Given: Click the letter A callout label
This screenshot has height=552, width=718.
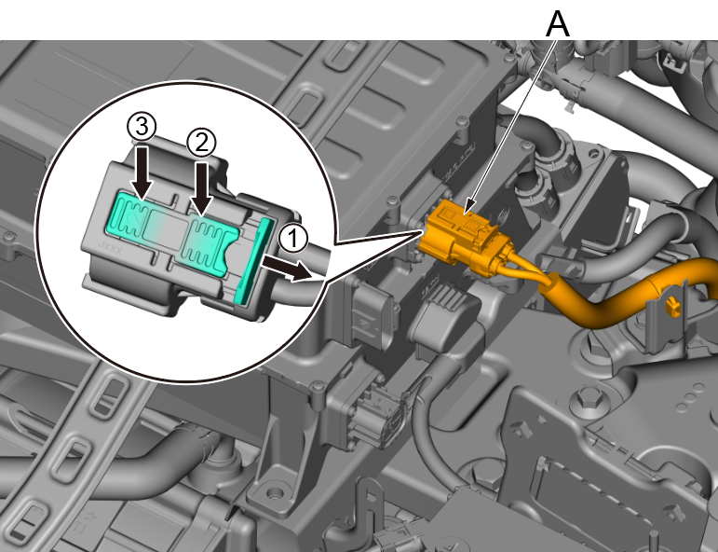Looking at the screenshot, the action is click(558, 24).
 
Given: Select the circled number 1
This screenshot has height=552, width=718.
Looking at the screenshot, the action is click(293, 239).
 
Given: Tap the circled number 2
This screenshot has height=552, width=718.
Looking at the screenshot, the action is click(201, 143).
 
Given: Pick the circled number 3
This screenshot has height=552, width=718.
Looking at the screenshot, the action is click(142, 127).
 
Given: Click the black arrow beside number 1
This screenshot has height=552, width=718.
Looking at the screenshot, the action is click(286, 269).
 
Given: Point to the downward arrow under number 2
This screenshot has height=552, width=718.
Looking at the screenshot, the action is click(201, 188).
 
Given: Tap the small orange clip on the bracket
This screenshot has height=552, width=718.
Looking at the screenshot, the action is click(671, 306).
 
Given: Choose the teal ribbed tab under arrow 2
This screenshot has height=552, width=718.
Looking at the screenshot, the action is click(210, 245).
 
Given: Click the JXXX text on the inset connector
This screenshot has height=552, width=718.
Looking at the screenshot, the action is click(111, 250).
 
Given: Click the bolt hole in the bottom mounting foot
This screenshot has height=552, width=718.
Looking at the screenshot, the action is click(276, 494).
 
